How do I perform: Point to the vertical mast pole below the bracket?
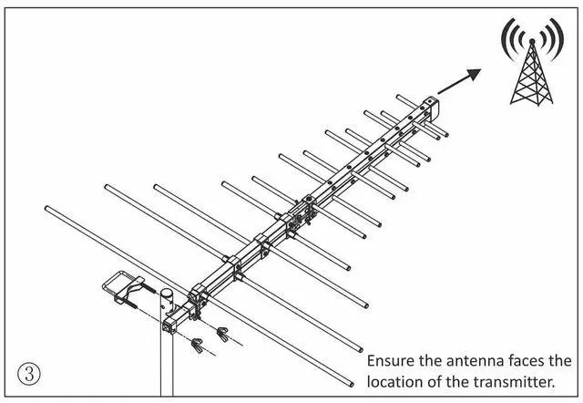click(167, 365)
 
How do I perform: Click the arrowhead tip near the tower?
click(478, 69)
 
